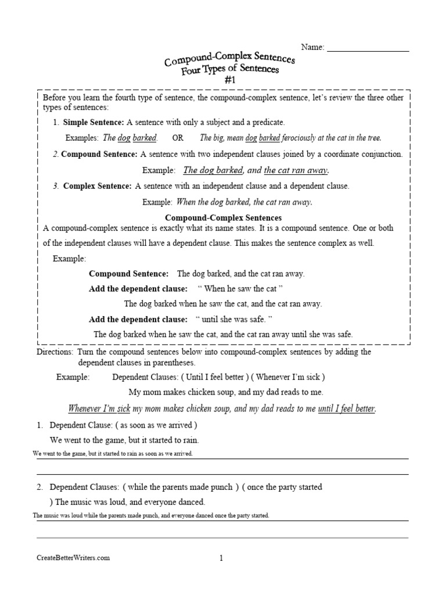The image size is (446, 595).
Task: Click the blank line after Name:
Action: pos(368,48)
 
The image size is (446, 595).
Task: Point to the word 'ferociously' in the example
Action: pos(301,138)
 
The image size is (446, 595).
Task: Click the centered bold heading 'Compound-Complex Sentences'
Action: pos(224,218)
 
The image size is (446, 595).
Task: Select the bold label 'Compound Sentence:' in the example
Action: pos(128,274)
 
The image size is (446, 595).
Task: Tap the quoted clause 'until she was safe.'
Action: pos(234,319)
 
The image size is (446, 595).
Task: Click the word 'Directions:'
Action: pos(55,352)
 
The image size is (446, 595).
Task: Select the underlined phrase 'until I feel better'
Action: pos(346,408)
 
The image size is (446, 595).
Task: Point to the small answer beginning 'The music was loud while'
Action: pos(151,516)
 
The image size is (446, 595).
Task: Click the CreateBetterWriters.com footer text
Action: pos(73,558)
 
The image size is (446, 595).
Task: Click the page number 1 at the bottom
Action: pos(221,558)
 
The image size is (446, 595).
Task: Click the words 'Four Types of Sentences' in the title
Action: pos(230,70)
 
